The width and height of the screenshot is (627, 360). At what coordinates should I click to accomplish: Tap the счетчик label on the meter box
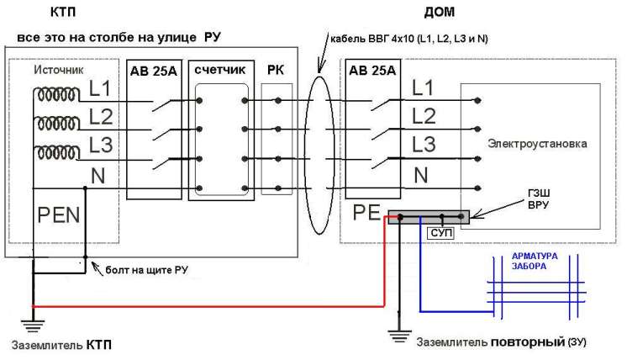point(219,71)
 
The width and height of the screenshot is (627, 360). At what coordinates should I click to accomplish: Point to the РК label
point(277,71)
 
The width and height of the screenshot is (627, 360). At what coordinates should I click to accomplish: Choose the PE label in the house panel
point(368,211)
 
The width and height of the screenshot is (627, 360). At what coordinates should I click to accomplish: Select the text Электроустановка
point(537,143)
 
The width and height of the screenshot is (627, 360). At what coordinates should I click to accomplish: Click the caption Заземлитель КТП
point(61,345)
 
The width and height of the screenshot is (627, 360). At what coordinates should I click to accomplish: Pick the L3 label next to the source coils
point(101,144)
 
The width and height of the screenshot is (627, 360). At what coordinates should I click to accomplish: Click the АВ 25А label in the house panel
point(371,71)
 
